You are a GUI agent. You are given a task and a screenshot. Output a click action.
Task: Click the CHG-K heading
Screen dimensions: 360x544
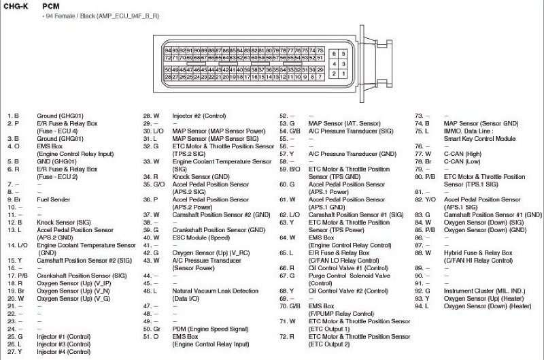click(x=16, y=5)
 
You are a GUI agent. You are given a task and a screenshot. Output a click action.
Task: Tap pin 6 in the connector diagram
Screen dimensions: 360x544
click(x=334, y=53)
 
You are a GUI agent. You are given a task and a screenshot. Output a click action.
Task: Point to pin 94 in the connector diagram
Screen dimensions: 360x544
click(x=168, y=51)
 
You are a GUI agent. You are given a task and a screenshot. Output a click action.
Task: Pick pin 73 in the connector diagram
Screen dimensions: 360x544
click(x=320, y=51)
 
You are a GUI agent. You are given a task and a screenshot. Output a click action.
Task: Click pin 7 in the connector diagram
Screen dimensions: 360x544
click(x=320, y=76)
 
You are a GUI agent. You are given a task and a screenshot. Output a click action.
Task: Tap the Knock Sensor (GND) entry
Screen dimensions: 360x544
click(x=201, y=176)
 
